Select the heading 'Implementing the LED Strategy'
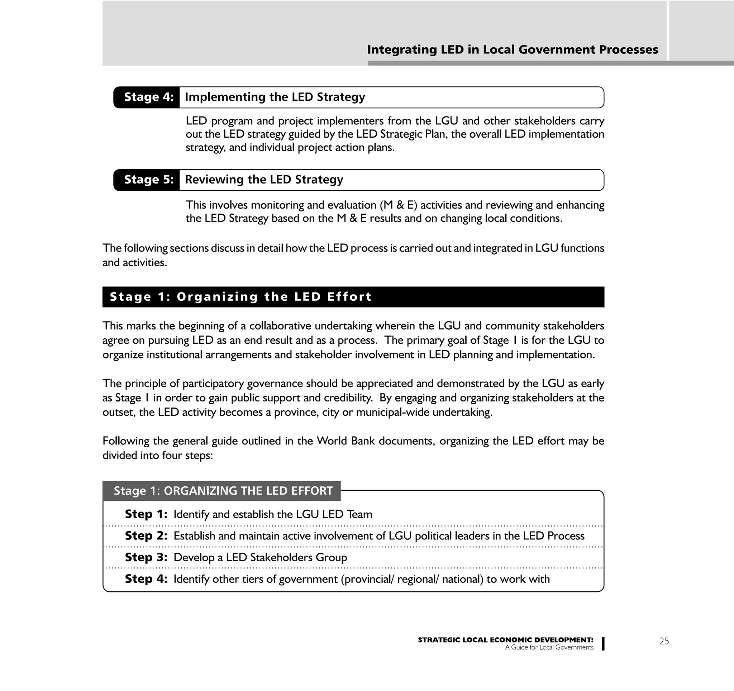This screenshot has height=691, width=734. (275, 97)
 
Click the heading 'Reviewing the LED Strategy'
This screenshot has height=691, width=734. (264, 180)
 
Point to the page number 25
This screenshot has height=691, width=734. (664, 641)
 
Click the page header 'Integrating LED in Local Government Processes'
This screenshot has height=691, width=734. (512, 50)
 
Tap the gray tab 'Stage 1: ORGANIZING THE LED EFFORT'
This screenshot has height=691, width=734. (223, 491)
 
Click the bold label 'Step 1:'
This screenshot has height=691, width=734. (146, 514)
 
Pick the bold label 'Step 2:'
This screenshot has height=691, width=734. (146, 535)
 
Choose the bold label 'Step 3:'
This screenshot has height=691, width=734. (146, 557)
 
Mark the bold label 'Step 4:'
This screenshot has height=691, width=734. (146, 578)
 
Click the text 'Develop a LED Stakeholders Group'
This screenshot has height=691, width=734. (260, 557)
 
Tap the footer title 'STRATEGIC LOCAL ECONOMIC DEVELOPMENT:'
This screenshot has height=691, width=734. (505, 640)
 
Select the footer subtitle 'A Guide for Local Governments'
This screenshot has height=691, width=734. (549, 647)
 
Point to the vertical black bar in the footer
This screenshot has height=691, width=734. (603, 644)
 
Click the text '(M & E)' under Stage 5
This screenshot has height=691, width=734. (398, 205)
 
